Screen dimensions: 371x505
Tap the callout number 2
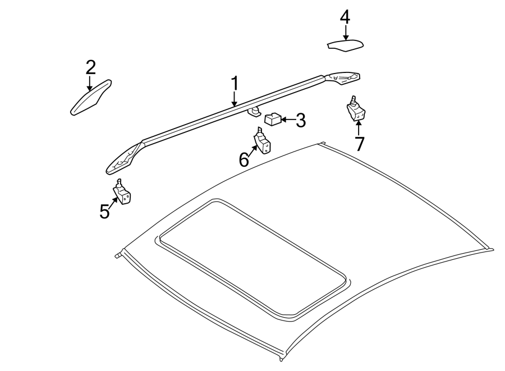(90, 67)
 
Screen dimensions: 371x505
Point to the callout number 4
(345, 17)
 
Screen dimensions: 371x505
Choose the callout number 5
(105, 212)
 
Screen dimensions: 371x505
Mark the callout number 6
(244, 160)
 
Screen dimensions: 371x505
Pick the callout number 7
(359, 144)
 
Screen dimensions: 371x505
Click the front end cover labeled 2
(91, 99)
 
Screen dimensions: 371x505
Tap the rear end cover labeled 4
(345, 45)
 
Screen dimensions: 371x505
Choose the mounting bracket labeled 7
(356, 111)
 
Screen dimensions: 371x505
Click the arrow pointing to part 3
(287, 120)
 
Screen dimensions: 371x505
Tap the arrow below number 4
(345, 33)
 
